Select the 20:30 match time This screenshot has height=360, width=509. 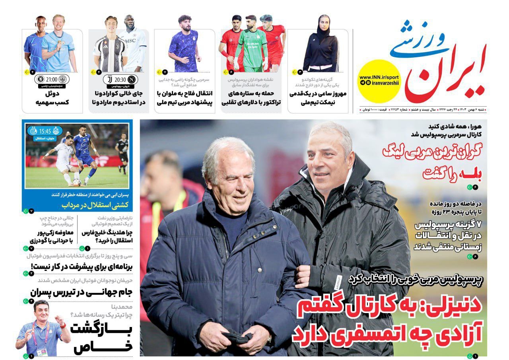120,79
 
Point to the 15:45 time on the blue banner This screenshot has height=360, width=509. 45,131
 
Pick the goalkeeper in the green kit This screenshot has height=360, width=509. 251,44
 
